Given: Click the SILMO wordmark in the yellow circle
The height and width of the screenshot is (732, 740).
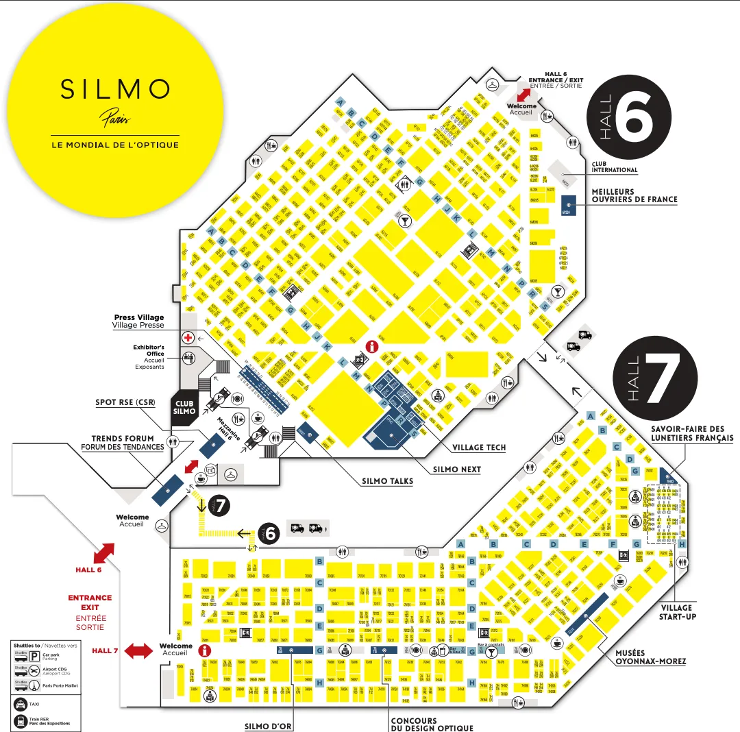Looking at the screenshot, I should (x=115, y=89).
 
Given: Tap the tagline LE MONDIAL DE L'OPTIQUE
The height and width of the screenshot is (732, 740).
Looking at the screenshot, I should (x=115, y=145).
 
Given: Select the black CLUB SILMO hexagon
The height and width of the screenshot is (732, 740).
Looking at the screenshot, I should (x=184, y=407).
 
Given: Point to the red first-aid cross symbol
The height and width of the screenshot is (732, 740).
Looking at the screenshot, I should (x=188, y=338).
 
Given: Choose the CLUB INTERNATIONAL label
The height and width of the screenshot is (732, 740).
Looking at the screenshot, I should (x=615, y=167).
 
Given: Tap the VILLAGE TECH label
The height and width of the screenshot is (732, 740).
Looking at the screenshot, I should (x=479, y=448).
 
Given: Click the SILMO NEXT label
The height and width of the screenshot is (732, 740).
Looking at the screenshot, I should (x=457, y=469).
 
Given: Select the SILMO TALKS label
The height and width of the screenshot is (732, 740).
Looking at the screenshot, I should (x=388, y=481).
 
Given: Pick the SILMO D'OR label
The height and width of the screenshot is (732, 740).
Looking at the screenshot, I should (x=269, y=726).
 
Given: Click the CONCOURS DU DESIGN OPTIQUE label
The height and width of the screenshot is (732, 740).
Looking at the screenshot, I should (x=432, y=724).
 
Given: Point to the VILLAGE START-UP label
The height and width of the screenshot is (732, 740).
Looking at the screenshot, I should (x=676, y=612).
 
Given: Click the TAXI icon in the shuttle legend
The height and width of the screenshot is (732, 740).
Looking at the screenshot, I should (x=21, y=705).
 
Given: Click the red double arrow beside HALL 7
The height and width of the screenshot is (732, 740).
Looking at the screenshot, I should (x=138, y=650).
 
